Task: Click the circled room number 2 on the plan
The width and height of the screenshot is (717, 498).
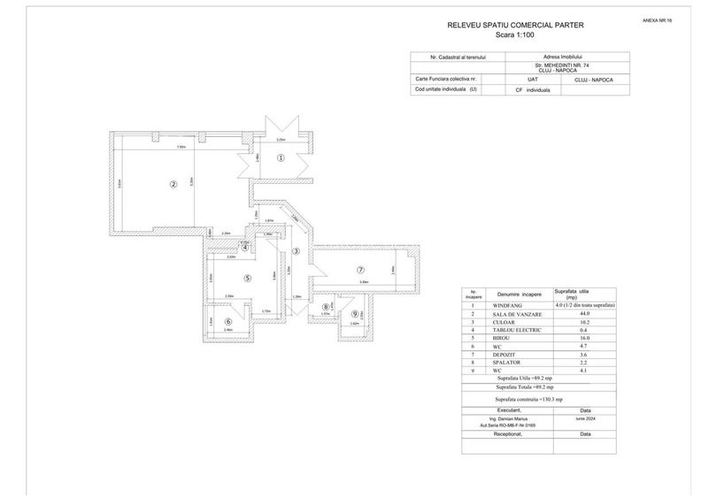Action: tap(174, 185)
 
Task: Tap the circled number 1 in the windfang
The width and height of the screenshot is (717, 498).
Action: tap(281, 158)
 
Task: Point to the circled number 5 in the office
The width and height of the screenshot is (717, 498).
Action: tap(248, 278)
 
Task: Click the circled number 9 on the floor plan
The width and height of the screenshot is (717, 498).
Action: tap(355, 313)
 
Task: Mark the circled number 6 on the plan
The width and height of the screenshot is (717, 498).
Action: tap(228, 322)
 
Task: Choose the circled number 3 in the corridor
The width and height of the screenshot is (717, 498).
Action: tap(297, 251)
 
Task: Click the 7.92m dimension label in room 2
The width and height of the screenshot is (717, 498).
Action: tap(181, 148)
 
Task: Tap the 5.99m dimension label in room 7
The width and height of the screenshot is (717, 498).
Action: tap(364, 282)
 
